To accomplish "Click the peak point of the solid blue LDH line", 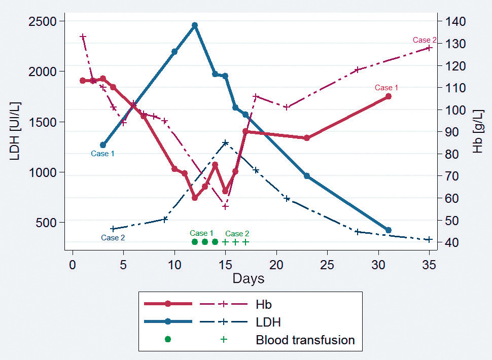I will (195, 25).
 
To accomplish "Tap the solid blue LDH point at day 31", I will (389, 230).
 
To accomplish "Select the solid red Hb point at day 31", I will (389, 96).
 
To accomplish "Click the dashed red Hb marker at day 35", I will (429, 48).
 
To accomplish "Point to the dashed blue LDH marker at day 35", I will (429, 239).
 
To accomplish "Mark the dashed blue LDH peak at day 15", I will (225, 142).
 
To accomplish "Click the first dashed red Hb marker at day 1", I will (83, 37).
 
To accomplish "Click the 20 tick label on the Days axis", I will (276, 266).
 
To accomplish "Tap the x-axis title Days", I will (249, 278).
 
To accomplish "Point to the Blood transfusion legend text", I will (305, 340).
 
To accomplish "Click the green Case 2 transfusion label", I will (237, 234).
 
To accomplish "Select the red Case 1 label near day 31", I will (386, 88).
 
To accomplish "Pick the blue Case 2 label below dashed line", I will (113, 238).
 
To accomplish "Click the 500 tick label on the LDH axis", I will (50, 223).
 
